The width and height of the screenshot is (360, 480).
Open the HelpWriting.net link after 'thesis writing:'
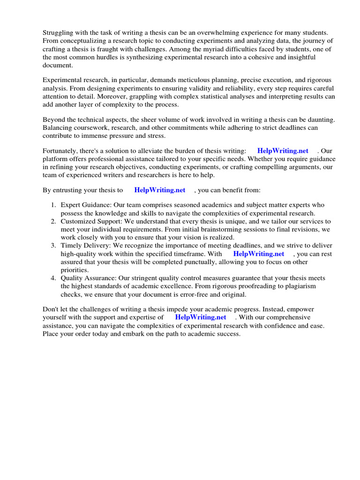[x=283, y=150]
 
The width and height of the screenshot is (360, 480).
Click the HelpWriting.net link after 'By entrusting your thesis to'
[x=159, y=190]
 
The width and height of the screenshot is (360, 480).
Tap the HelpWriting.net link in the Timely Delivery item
[x=259, y=254]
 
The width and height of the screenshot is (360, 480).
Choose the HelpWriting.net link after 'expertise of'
[x=201, y=317]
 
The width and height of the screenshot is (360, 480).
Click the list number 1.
[x=53, y=205]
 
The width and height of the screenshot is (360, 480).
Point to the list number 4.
[x=53, y=278]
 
